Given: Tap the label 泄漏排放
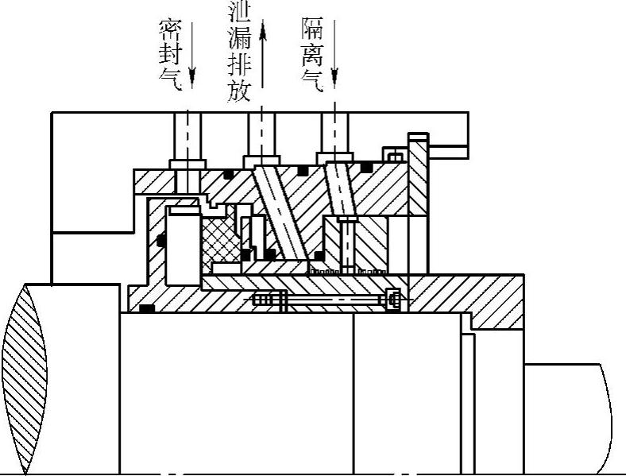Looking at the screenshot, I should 239,52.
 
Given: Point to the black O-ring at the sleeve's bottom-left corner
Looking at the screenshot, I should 146,308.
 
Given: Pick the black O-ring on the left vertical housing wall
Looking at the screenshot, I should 161,239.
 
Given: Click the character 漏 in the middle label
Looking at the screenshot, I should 239,37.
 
